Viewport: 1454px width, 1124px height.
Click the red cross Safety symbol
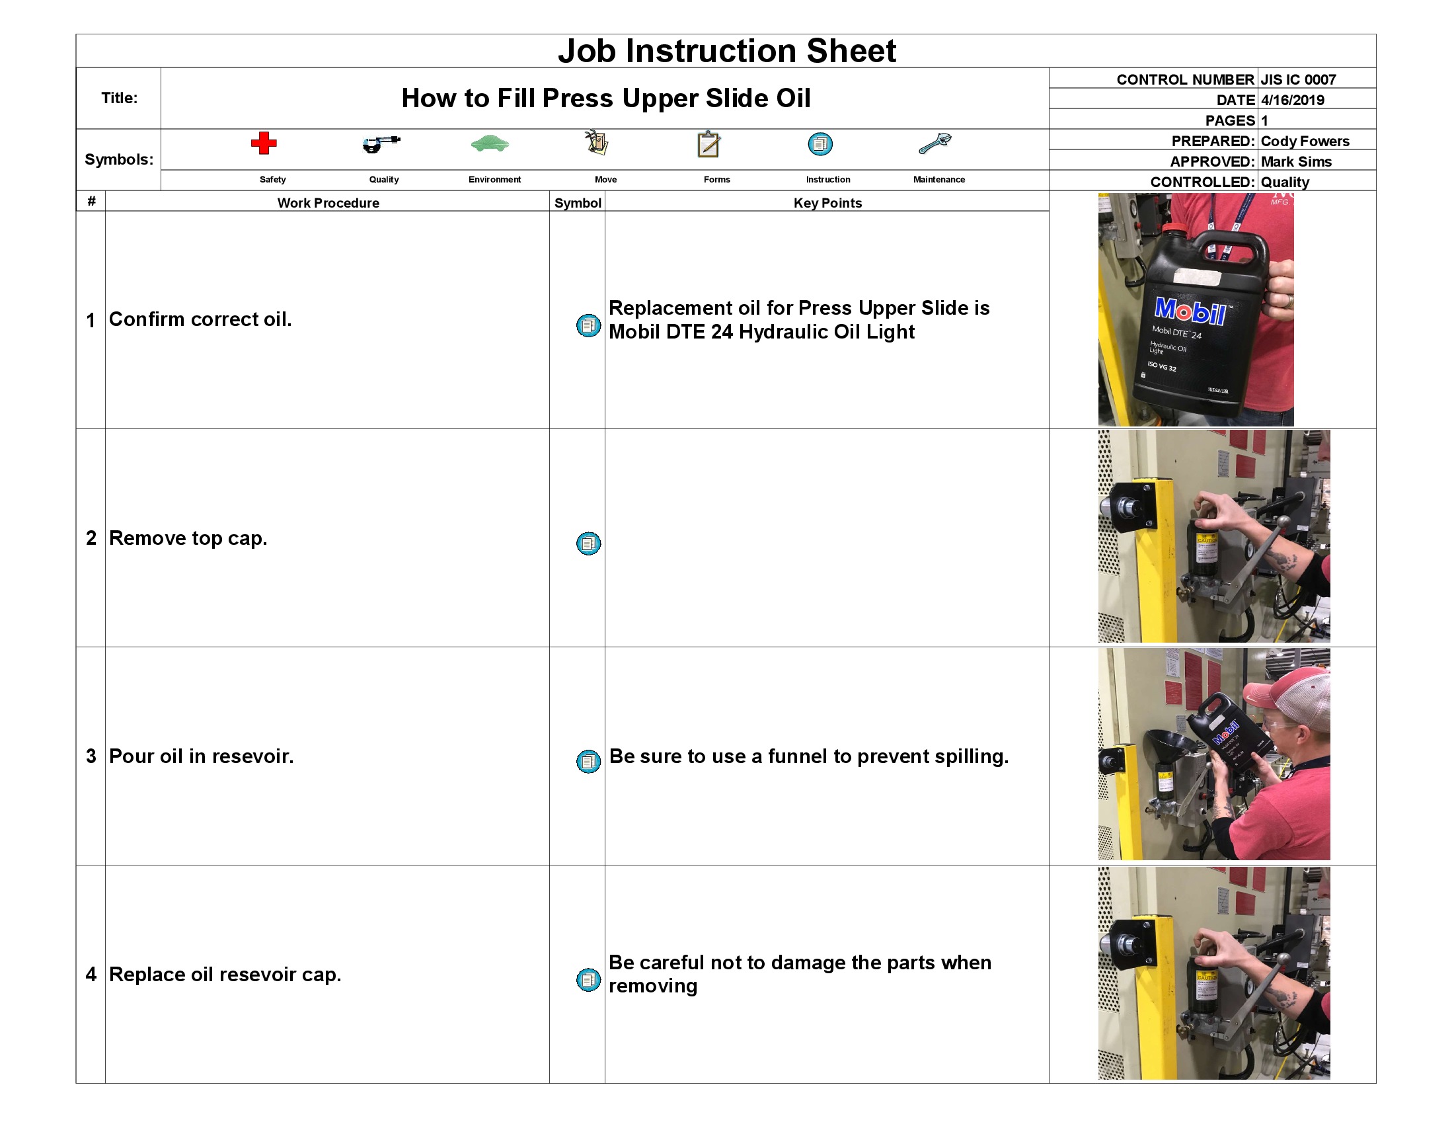(x=264, y=143)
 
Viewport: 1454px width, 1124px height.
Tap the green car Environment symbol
(x=489, y=143)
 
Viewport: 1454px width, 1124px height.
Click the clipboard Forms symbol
(x=708, y=144)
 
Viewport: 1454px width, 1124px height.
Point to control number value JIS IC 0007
(x=1297, y=79)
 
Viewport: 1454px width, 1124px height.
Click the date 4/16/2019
(x=1291, y=100)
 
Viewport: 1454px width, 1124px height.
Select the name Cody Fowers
(x=1304, y=141)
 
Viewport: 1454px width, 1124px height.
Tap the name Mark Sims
(x=1295, y=162)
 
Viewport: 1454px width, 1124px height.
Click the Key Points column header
(x=827, y=203)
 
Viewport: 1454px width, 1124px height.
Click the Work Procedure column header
(x=328, y=203)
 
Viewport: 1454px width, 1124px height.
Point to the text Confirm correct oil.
(x=200, y=319)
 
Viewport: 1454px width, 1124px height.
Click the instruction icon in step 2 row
(x=588, y=543)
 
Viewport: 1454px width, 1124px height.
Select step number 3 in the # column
(x=91, y=756)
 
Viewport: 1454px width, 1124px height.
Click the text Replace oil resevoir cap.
(x=224, y=974)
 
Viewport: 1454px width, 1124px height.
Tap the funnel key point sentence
(x=808, y=756)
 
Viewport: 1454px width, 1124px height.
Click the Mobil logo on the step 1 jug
(x=1190, y=311)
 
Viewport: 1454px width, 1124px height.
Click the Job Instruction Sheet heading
(x=726, y=52)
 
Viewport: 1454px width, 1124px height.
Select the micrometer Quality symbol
(x=381, y=143)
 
